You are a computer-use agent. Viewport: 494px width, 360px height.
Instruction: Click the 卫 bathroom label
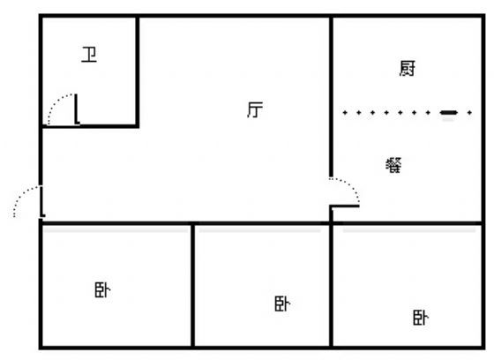point(89,55)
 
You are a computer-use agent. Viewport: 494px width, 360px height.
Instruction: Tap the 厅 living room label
point(255,109)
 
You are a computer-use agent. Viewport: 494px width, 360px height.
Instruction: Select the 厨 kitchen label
point(407,69)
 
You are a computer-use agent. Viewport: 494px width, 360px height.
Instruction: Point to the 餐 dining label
point(393,165)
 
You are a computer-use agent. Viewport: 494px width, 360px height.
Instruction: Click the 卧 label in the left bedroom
point(102,290)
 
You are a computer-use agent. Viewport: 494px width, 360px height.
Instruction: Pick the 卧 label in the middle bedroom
point(282,304)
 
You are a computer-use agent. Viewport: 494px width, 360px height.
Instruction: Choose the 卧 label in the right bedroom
point(421,318)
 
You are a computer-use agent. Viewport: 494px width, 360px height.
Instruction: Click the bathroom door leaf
point(76,109)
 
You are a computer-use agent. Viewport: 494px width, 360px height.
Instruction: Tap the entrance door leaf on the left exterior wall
point(42,201)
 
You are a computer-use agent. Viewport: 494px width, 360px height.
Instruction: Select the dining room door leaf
point(345,206)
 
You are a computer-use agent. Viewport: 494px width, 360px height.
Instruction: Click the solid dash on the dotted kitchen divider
point(449,113)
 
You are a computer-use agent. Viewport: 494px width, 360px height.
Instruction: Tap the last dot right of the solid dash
point(469,113)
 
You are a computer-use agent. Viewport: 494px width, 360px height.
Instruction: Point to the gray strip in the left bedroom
point(116,231)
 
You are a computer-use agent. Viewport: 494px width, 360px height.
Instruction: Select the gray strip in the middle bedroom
point(260,231)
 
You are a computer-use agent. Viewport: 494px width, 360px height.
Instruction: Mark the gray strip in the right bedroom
point(409,231)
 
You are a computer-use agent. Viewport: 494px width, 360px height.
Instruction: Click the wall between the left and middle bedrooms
point(192,285)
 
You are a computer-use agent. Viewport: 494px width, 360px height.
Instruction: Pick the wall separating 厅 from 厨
point(331,97)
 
